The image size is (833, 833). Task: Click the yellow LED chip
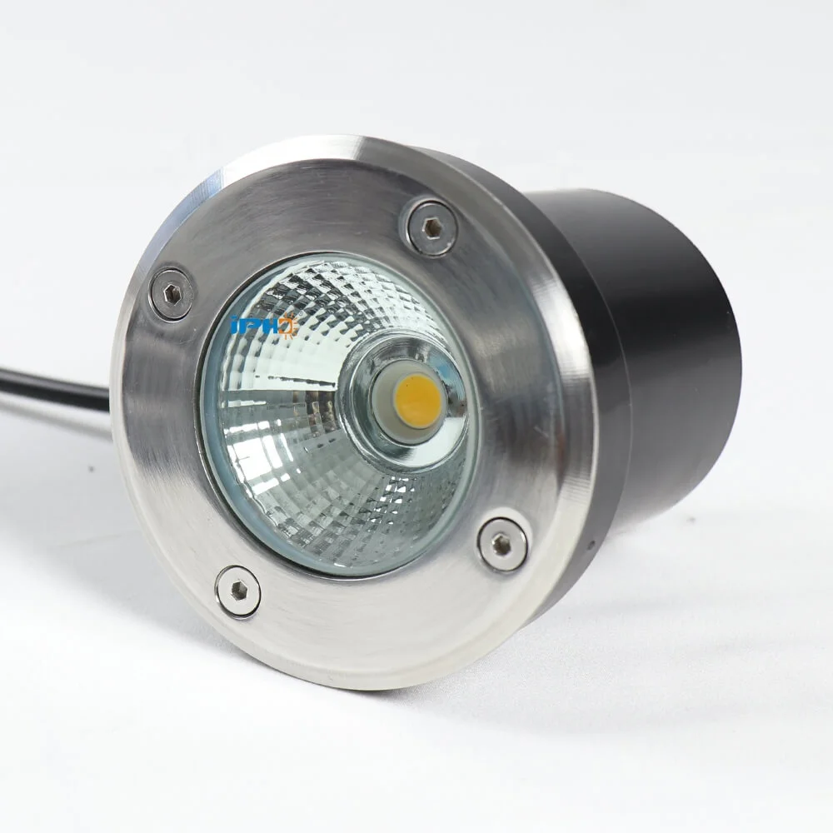[416, 400]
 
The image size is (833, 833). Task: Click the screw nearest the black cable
[172, 292]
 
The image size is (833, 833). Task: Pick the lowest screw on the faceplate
[238, 591]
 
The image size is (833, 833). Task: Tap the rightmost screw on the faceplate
[502, 544]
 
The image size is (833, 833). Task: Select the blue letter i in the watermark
[236, 326]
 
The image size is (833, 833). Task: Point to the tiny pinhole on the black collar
[591, 546]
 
